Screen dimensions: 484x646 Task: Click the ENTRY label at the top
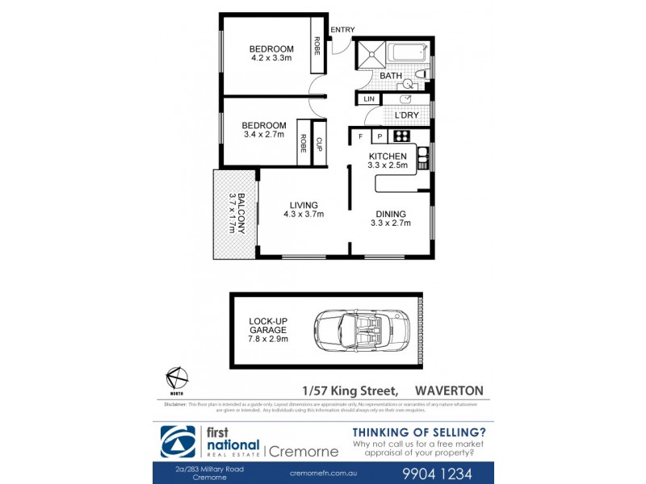pos(342,30)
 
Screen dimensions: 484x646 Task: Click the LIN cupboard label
pos(369,98)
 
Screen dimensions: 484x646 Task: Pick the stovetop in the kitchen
pos(401,136)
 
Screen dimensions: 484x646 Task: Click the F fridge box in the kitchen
pos(360,136)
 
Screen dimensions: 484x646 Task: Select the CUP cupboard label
pos(319,144)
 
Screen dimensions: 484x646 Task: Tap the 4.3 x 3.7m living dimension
pos(304,215)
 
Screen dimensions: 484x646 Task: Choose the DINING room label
pos(390,215)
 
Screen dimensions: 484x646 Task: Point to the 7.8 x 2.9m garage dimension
pos(268,338)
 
